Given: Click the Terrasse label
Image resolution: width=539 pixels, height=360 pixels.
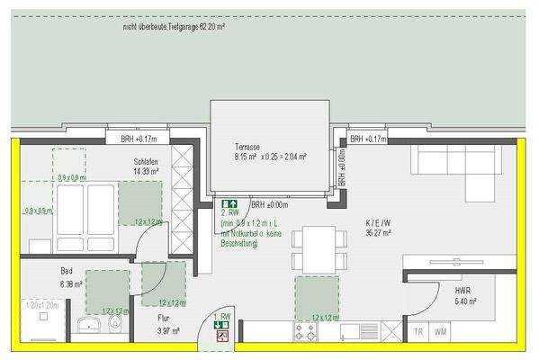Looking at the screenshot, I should pos(248,146).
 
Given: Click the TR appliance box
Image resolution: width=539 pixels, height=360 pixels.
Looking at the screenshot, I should pos(418,331).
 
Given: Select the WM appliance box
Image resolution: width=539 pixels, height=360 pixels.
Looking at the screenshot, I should pos(441,331).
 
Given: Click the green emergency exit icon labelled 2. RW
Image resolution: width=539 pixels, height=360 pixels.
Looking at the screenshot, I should pos(230,204).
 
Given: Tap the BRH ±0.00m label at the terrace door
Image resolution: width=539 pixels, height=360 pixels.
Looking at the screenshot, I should pos(269,204).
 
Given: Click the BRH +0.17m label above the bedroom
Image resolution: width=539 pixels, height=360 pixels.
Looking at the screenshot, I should pos(139,139).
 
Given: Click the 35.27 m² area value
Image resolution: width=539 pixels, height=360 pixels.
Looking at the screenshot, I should pos(376,232).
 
